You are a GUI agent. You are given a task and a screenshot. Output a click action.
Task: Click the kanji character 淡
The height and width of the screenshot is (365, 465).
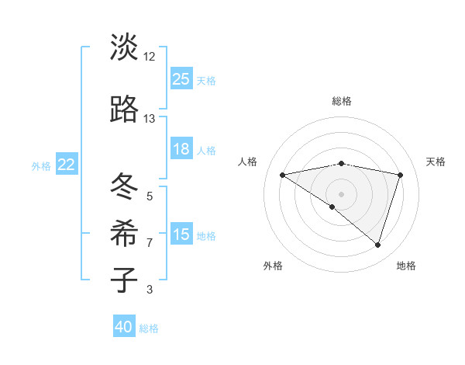124,47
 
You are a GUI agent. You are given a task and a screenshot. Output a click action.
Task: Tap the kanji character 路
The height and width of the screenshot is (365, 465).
124,110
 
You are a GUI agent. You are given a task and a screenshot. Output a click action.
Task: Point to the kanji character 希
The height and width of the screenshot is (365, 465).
124,231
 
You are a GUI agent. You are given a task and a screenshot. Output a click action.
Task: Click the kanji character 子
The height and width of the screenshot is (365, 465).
124,279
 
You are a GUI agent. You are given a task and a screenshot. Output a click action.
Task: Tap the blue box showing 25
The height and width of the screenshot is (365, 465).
181,79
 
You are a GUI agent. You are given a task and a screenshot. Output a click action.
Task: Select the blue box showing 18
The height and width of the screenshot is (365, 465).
181,149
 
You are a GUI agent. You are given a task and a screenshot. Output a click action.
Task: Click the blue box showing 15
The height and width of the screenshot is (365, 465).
181,235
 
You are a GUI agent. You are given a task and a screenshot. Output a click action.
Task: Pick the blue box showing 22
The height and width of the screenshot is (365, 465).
67,165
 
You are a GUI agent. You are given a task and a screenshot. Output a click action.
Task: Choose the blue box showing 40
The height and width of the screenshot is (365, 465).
124,327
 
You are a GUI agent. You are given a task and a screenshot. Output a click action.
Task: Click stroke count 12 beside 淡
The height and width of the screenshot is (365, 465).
150,57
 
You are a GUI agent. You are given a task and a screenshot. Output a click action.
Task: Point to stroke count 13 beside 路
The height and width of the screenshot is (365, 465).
150,119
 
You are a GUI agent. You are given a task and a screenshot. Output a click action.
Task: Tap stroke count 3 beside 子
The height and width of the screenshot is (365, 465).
150,290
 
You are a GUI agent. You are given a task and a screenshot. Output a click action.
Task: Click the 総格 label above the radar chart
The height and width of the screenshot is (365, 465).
342,101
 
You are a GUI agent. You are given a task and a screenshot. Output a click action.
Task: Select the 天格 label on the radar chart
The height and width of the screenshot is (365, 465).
436,162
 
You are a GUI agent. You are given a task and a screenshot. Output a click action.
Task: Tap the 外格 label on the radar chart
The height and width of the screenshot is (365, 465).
273,266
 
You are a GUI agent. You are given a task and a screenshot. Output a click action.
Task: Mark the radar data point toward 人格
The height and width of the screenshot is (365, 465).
283,175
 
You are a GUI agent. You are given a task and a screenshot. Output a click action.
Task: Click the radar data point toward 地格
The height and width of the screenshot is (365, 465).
377,245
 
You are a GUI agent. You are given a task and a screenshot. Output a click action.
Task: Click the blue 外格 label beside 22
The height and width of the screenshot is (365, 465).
41,165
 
